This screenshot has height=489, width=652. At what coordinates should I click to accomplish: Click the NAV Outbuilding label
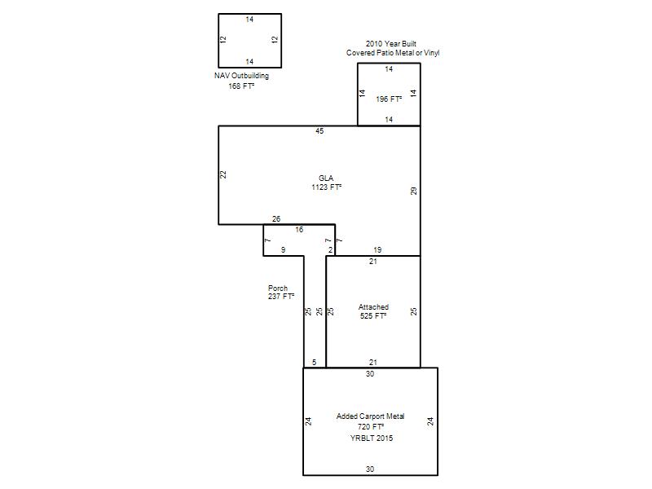click(x=241, y=76)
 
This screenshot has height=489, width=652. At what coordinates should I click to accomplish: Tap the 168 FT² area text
click(x=241, y=86)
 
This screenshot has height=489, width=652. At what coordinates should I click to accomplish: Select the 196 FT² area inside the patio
click(x=389, y=99)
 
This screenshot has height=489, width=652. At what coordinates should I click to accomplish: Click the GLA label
click(x=326, y=178)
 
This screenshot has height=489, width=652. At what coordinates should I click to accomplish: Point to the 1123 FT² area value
click(x=327, y=187)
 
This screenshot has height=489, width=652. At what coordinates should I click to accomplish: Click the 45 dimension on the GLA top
click(x=319, y=131)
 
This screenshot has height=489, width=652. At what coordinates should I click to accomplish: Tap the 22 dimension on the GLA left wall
click(x=223, y=174)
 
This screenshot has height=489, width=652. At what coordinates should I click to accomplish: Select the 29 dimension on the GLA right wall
click(x=413, y=191)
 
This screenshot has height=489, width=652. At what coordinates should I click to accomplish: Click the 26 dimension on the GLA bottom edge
click(x=276, y=218)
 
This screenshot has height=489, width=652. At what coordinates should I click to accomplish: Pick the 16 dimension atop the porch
click(x=299, y=230)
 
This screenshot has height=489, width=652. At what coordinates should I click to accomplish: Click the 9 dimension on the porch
click(x=283, y=250)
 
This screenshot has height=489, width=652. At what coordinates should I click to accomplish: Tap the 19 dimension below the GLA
click(x=377, y=250)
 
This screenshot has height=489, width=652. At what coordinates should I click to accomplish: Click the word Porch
click(x=278, y=289)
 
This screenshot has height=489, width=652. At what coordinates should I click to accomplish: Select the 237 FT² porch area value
click(x=281, y=297)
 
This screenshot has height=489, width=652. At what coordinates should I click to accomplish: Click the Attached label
click(x=373, y=307)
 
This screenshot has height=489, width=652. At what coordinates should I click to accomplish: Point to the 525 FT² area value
click(x=373, y=316)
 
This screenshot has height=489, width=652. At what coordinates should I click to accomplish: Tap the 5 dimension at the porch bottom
click(x=314, y=363)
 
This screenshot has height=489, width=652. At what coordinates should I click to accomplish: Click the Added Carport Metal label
click(x=370, y=416)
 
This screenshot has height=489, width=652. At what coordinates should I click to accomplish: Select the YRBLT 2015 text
click(x=372, y=438)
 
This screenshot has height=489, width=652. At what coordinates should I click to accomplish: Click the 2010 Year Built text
click(x=391, y=44)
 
